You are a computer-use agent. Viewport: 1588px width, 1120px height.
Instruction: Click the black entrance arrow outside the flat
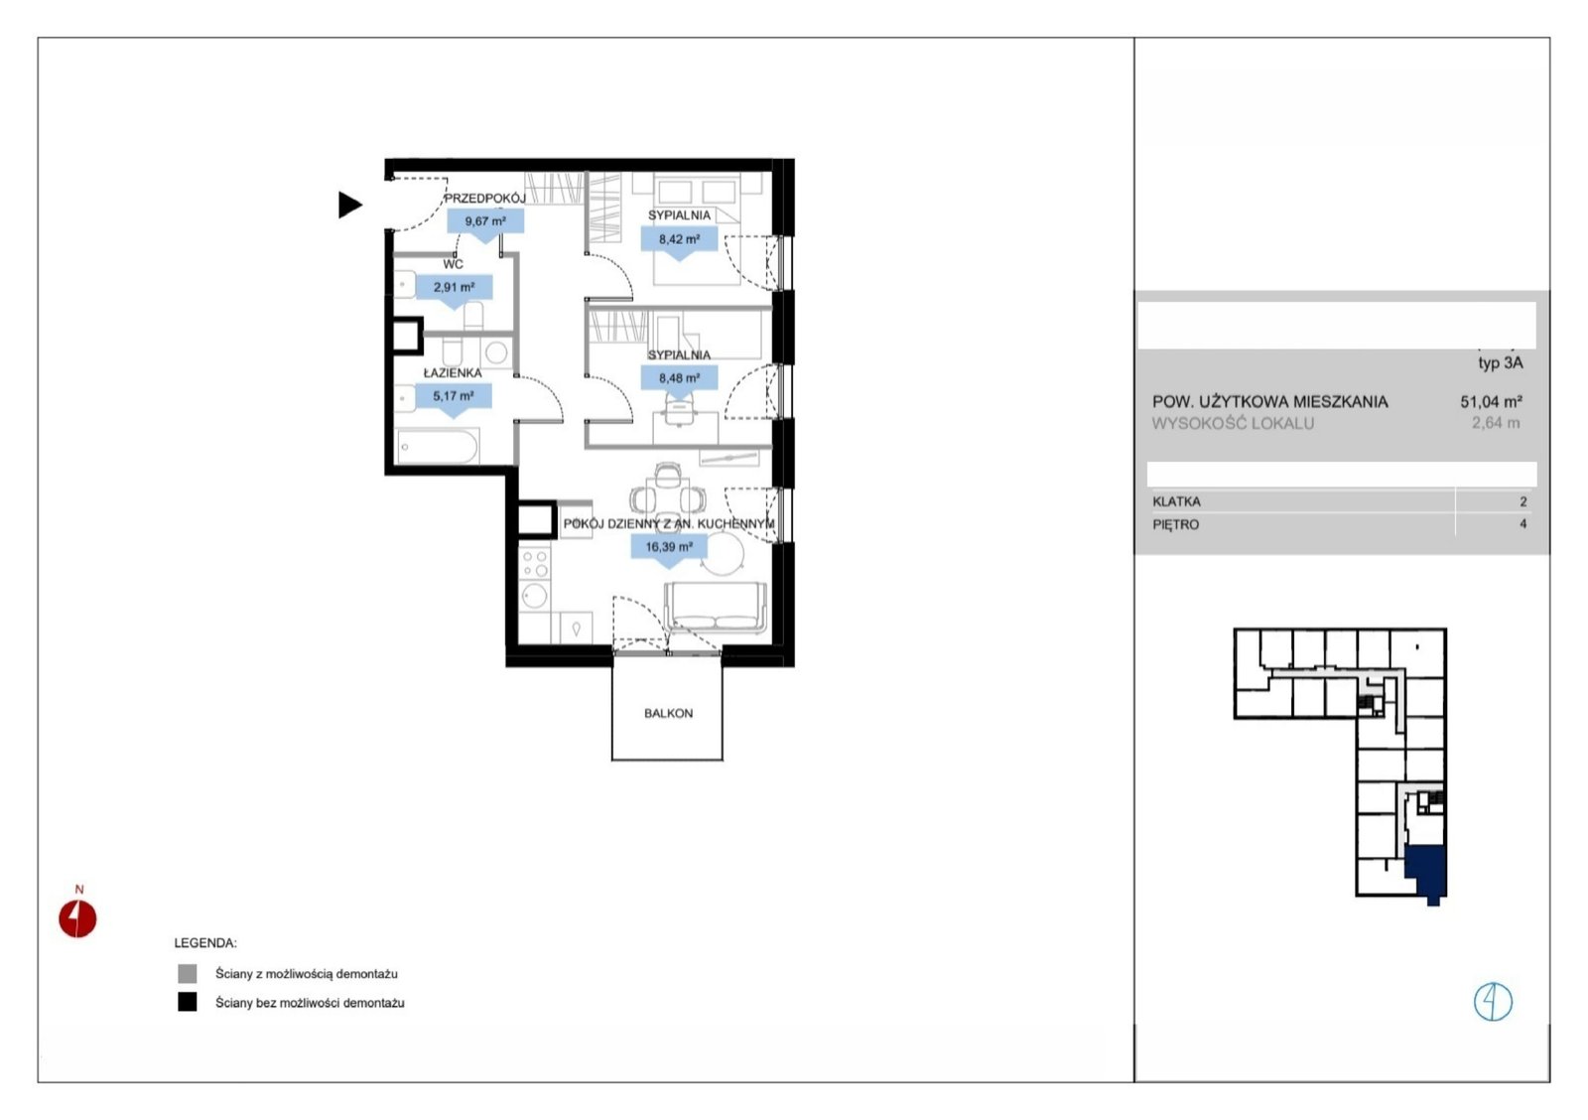349,205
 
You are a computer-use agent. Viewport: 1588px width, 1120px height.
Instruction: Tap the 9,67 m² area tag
485,224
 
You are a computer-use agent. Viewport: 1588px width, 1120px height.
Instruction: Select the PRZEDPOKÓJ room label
485,199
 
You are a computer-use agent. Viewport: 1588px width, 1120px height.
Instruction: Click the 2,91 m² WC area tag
454,291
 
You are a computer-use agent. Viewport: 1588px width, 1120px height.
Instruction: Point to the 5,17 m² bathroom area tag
454,399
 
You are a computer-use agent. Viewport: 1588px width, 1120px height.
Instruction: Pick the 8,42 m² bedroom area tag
679,242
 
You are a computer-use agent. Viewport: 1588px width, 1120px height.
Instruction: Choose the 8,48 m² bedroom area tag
679,381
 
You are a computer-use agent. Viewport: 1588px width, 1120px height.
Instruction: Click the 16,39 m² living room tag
669,550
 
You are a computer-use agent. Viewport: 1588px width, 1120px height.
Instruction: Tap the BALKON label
669,714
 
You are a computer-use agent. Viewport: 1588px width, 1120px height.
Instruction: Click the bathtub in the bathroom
438,447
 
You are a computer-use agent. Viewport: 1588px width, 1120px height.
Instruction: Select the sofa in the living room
716,608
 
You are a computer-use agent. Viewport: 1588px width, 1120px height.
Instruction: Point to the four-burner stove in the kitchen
535,562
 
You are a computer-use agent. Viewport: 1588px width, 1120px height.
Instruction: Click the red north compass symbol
77,918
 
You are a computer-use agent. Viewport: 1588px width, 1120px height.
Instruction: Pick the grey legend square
188,973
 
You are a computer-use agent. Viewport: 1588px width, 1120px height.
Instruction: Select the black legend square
188,1002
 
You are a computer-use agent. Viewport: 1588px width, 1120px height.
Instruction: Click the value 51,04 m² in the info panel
1491,401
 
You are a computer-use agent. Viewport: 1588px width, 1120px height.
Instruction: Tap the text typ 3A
1500,363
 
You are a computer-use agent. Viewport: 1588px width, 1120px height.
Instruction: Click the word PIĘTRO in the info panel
1175,525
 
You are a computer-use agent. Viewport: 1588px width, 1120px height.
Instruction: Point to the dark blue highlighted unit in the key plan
1425,873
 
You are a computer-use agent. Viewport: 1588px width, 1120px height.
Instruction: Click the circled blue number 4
1493,1002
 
